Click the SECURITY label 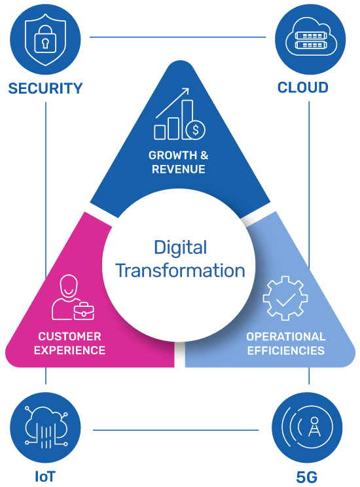click(45, 88)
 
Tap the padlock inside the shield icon click(45, 39)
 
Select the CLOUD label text click(303, 88)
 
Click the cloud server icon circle click(310, 39)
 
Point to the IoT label click(45, 477)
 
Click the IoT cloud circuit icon click(46, 427)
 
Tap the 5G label click(307, 477)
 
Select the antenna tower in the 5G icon click(314, 427)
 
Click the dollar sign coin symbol click(196, 130)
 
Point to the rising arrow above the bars click(172, 103)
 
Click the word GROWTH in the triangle click(172, 155)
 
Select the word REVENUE click(178, 170)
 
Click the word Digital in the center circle click(181, 248)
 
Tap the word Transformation click(180, 270)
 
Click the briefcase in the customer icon click(84, 311)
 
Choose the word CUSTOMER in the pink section click(69, 336)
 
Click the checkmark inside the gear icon click(285, 300)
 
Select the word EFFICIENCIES click(286, 351)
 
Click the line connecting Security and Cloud click(177, 37)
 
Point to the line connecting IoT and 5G click(175, 430)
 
